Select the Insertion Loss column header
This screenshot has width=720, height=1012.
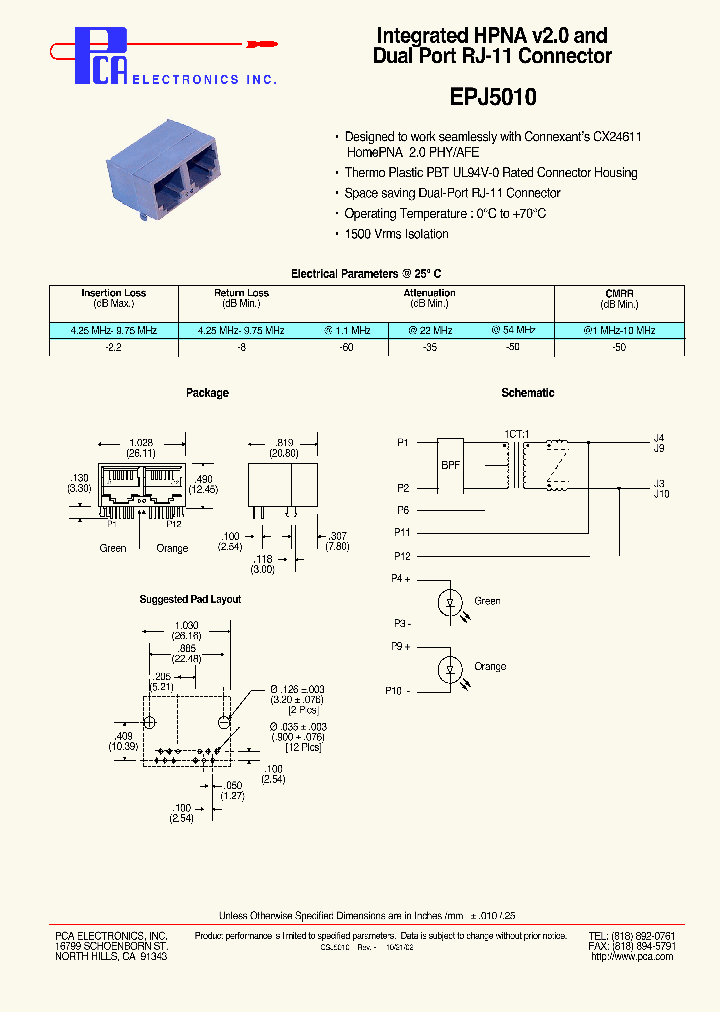[x=114, y=293]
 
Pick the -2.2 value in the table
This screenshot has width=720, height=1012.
[x=114, y=347]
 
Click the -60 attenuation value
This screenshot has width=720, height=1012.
[x=346, y=347]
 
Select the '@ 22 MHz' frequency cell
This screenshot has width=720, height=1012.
[x=430, y=330]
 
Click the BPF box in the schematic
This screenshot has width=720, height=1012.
[x=451, y=465]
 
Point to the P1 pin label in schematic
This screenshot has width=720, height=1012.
[x=403, y=441]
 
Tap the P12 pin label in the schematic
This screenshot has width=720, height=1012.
[x=402, y=556]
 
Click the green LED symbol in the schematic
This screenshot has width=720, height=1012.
[x=450, y=602]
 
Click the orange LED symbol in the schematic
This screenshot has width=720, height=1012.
[x=450, y=668]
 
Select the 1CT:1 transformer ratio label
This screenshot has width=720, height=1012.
[x=517, y=433]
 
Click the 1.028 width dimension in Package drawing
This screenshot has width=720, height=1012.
[x=141, y=443]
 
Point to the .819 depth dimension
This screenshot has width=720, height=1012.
[x=284, y=443]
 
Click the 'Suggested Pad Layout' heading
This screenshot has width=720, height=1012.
[x=190, y=599]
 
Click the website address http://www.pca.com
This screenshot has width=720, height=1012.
[x=632, y=956]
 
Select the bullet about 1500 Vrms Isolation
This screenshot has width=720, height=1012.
[x=396, y=234]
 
